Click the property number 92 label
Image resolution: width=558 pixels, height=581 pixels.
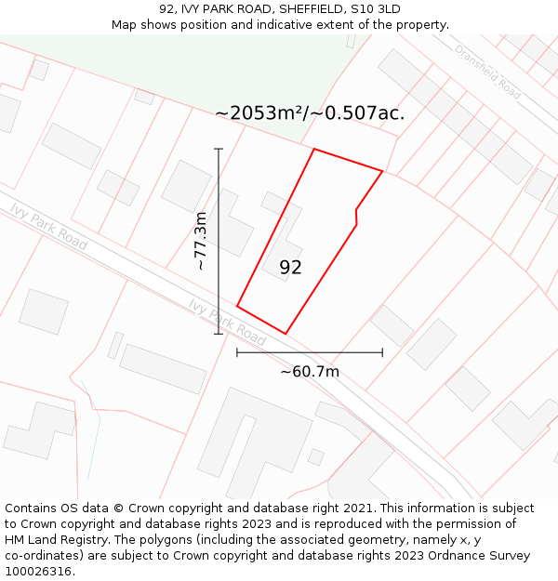290,268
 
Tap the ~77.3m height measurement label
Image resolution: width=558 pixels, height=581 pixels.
200,241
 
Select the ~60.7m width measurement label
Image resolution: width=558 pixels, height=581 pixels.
310,372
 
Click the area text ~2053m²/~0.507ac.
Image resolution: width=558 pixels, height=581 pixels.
310,113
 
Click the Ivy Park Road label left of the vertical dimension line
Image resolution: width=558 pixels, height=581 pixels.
48,226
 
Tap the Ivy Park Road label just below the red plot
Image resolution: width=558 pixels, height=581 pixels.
227,322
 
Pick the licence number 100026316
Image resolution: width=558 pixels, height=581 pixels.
37,572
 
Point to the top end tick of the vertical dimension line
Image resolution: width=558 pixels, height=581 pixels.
219,149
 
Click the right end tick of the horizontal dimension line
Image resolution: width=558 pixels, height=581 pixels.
382,352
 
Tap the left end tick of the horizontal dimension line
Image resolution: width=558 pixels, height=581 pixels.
237,352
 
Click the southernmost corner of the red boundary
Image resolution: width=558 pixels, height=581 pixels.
286,334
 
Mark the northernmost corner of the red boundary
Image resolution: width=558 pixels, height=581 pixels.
314,149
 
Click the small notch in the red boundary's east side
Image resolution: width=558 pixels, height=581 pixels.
356,211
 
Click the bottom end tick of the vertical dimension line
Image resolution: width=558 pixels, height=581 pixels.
219,334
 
